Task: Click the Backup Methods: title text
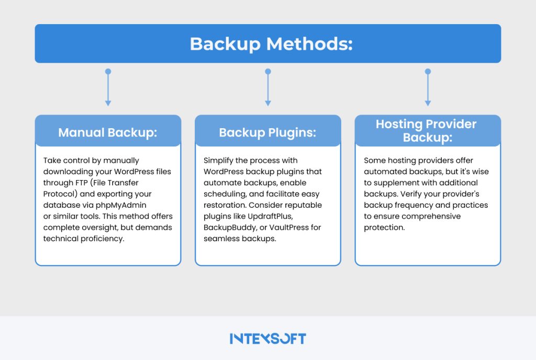[x=271, y=44]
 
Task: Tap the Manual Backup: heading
[x=108, y=132]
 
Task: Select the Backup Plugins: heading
[x=267, y=132]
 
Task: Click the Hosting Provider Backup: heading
[x=427, y=130]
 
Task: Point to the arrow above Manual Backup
[x=108, y=87]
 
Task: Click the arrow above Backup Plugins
[x=268, y=87]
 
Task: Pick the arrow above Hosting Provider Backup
[x=428, y=87]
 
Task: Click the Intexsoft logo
[x=268, y=339]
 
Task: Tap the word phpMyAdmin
[x=121, y=205]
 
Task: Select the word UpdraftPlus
[x=271, y=217]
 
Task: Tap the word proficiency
[x=103, y=239]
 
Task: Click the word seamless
[x=220, y=239]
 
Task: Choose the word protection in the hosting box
[x=384, y=228]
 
